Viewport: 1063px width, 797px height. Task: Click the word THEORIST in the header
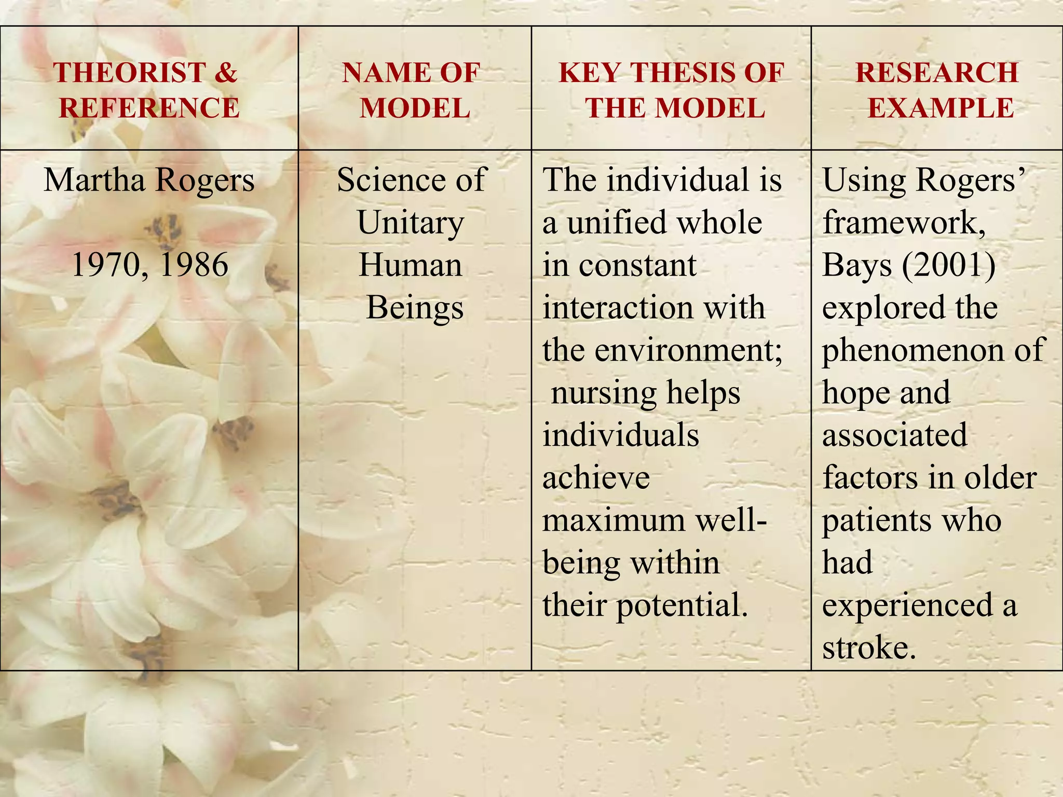coord(129,72)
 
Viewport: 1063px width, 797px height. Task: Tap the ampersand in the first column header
coord(225,72)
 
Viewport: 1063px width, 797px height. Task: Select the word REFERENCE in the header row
coord(149,108)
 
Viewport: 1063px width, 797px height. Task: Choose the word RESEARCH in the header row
coord(937,72)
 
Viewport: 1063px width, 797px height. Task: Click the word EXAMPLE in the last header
coord(941,108)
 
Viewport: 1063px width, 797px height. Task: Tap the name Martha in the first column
coord(94,180)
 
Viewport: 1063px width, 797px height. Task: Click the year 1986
coord(194,265)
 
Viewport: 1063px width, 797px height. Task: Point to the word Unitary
coord(410,223)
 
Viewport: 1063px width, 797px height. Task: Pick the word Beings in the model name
coord(415,308)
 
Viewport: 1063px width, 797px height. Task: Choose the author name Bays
coord(857,265)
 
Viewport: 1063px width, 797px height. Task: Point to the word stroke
coord(869,648)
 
